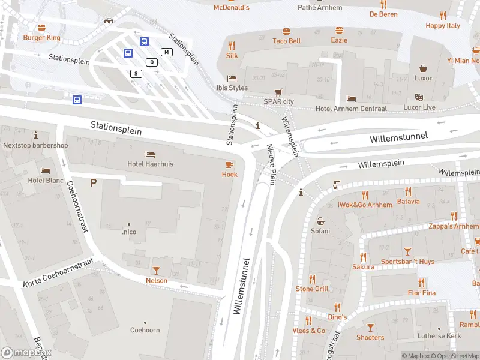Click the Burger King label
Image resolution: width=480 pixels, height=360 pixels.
(41, 37)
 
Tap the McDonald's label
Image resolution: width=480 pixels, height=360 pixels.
(232, 7)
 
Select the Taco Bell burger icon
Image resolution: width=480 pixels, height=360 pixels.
(287, 31)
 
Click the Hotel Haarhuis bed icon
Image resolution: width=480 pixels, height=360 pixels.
(150, 154)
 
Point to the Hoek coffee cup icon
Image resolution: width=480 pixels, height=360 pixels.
(229, 164)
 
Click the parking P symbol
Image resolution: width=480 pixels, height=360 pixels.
(93, 182)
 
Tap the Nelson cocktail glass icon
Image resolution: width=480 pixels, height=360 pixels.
(157, 271)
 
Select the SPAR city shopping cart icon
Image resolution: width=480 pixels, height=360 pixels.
(278, 92)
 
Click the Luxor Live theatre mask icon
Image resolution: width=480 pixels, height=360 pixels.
(419, 97)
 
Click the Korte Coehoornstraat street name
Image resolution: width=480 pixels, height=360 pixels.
(59, 272)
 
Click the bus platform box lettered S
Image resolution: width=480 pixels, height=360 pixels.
(136, 73)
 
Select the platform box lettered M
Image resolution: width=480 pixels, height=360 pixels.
(166, 52)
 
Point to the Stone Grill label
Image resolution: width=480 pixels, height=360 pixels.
(312, 289)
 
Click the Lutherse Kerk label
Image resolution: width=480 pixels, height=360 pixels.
(440, 336)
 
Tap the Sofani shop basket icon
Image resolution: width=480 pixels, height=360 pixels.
(320, 221)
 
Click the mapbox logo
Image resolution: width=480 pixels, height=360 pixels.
(26, 353)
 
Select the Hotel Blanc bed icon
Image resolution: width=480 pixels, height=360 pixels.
(46, 171)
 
